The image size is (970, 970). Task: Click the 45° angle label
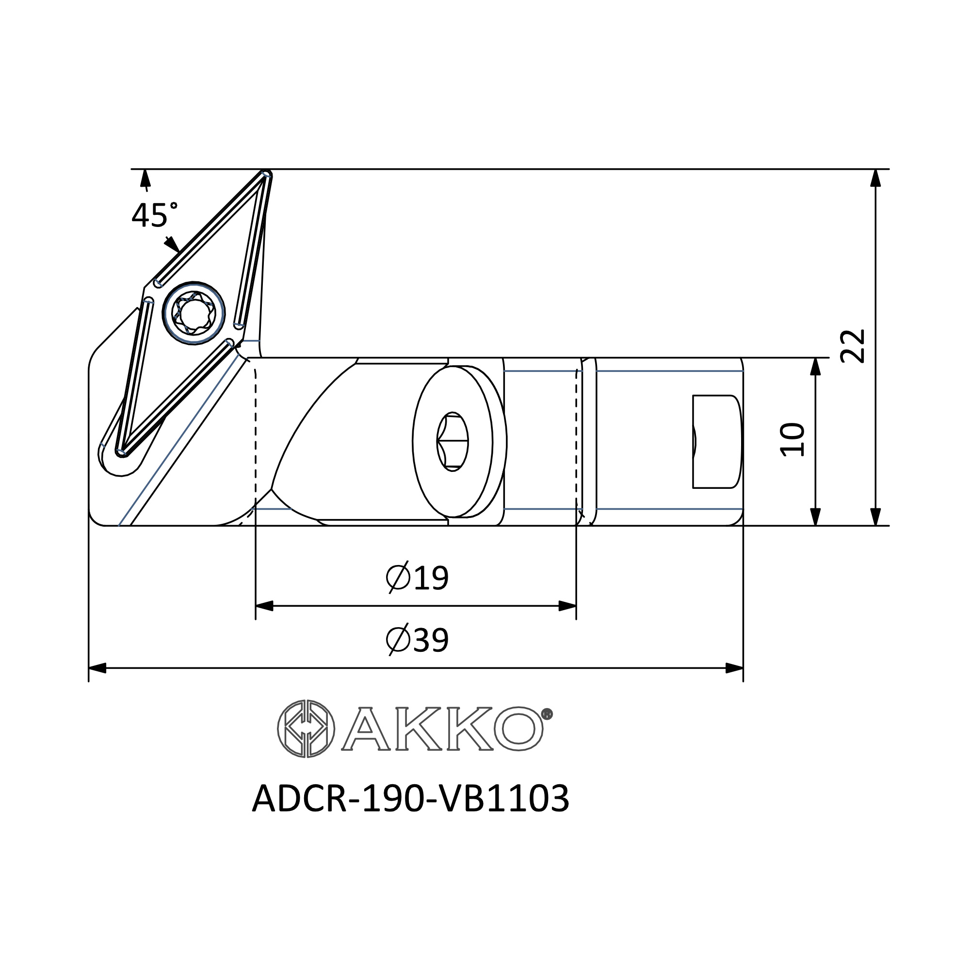(155, 215)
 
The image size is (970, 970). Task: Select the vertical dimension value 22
(853, 346)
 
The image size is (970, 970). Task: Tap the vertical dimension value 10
(792, 440)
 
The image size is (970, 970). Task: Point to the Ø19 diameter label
(417, 577)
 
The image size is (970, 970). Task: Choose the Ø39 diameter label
(417, 640)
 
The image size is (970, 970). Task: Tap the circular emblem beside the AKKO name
(306, 728)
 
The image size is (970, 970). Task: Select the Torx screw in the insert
(194, 313)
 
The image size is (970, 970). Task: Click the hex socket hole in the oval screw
(453, 442)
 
